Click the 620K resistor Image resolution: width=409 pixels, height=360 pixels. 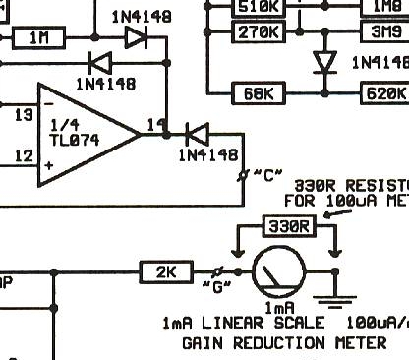click(x=385, y=94)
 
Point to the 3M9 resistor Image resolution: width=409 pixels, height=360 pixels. click(x=385, y=32)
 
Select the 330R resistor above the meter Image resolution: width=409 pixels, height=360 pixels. click(x=288, y=226)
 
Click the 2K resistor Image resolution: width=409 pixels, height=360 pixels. click(x=166, y=271)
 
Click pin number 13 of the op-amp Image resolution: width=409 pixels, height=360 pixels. click(x=25, y=115)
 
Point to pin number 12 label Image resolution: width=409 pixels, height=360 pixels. click(x=25, y=155)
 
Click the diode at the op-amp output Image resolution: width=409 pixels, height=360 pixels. click(x=196, y=133)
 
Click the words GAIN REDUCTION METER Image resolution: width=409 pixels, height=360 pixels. click(x=283, y=343)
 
